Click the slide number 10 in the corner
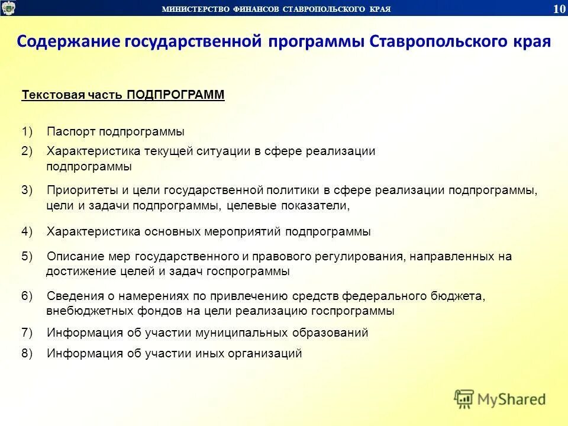[x=558, y=8]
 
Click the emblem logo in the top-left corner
[x=9, y=8]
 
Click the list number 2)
[x=27, y=151]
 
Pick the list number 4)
[x=27, y=232]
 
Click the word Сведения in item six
[x=72, y=296]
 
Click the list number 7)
[x=27, y=333]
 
